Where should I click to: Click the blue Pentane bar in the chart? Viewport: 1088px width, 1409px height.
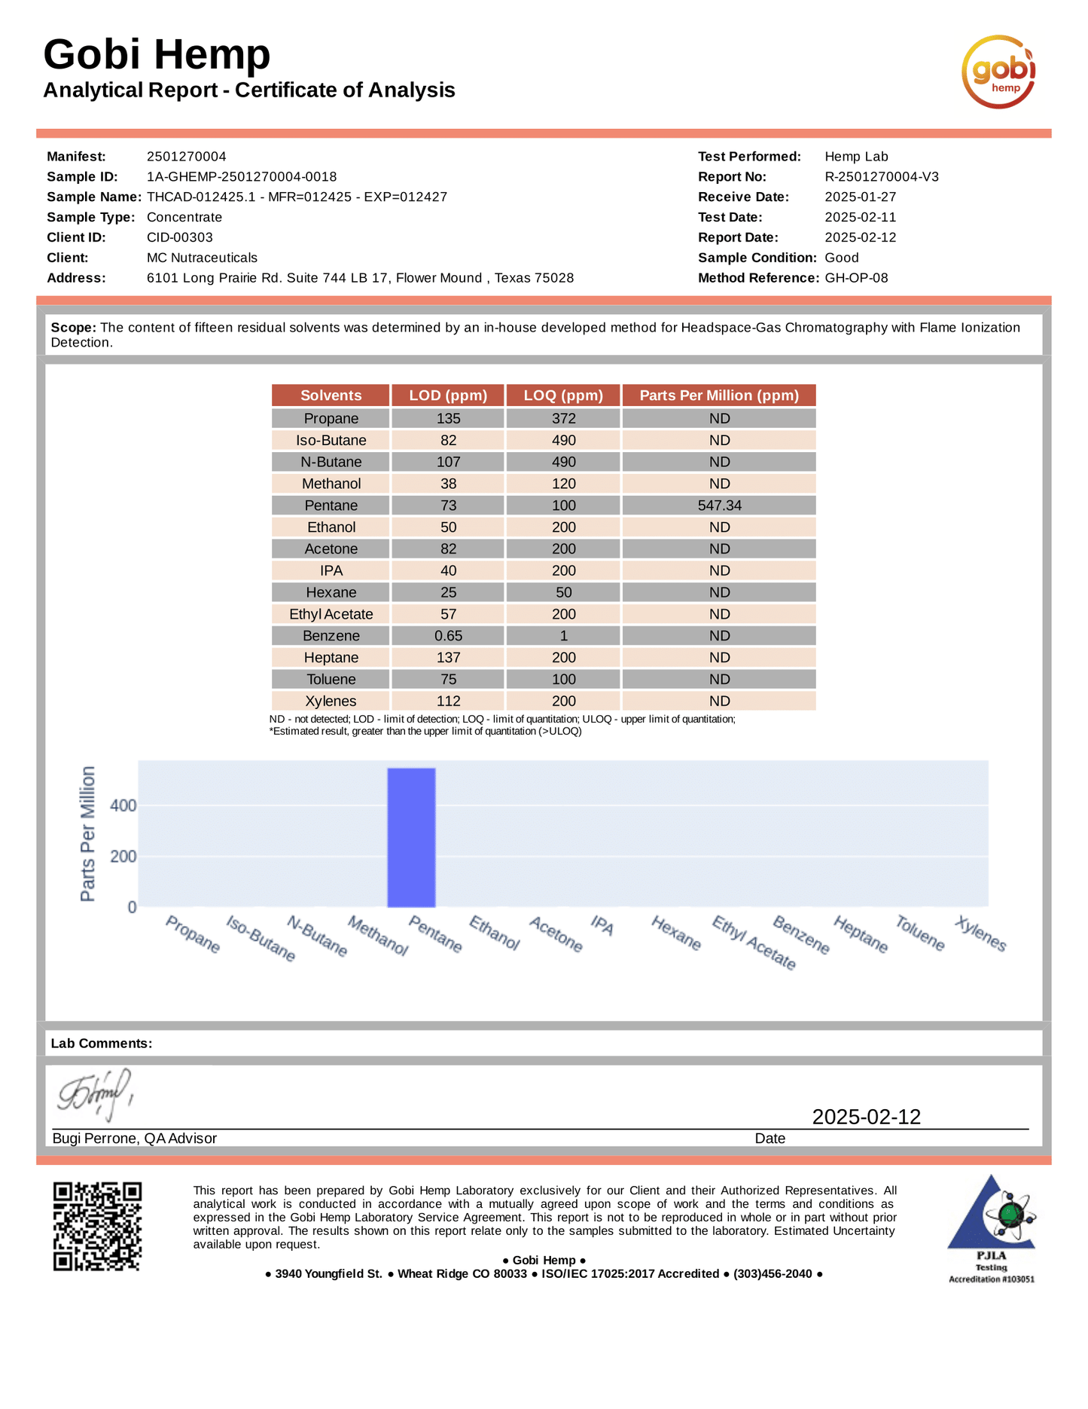coord(411,837)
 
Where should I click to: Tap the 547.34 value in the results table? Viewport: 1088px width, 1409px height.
coord(719,506)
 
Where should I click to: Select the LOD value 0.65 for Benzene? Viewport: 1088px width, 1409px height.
coord(448,636)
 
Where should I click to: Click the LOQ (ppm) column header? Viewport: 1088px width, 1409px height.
coord(563,396)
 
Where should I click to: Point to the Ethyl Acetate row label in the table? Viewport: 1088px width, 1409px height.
coord(331,614)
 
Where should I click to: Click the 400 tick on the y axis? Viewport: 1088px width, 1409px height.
coord(123,805)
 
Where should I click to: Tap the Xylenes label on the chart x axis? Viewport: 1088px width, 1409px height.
coord(980,934)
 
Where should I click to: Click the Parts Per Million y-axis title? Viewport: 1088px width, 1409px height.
coord(88,833)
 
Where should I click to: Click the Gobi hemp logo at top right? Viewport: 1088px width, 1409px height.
coord(998,72)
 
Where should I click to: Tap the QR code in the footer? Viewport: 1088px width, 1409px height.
coord(97,1226)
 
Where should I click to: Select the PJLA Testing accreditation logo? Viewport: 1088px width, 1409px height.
coord(991,1229)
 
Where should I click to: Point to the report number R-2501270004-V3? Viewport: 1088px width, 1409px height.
coord(881,177)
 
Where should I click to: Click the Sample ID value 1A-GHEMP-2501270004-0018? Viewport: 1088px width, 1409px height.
coord(242,177)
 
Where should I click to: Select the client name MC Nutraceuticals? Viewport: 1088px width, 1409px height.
coord(202,258)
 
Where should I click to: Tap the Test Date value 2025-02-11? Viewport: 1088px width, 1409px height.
coord(860,218)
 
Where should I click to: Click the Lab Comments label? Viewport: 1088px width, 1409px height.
coord(102,1044)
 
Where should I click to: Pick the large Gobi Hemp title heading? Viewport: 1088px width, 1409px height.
coord(157,54)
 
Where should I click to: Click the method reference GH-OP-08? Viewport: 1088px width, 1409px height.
coord(856,278)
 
